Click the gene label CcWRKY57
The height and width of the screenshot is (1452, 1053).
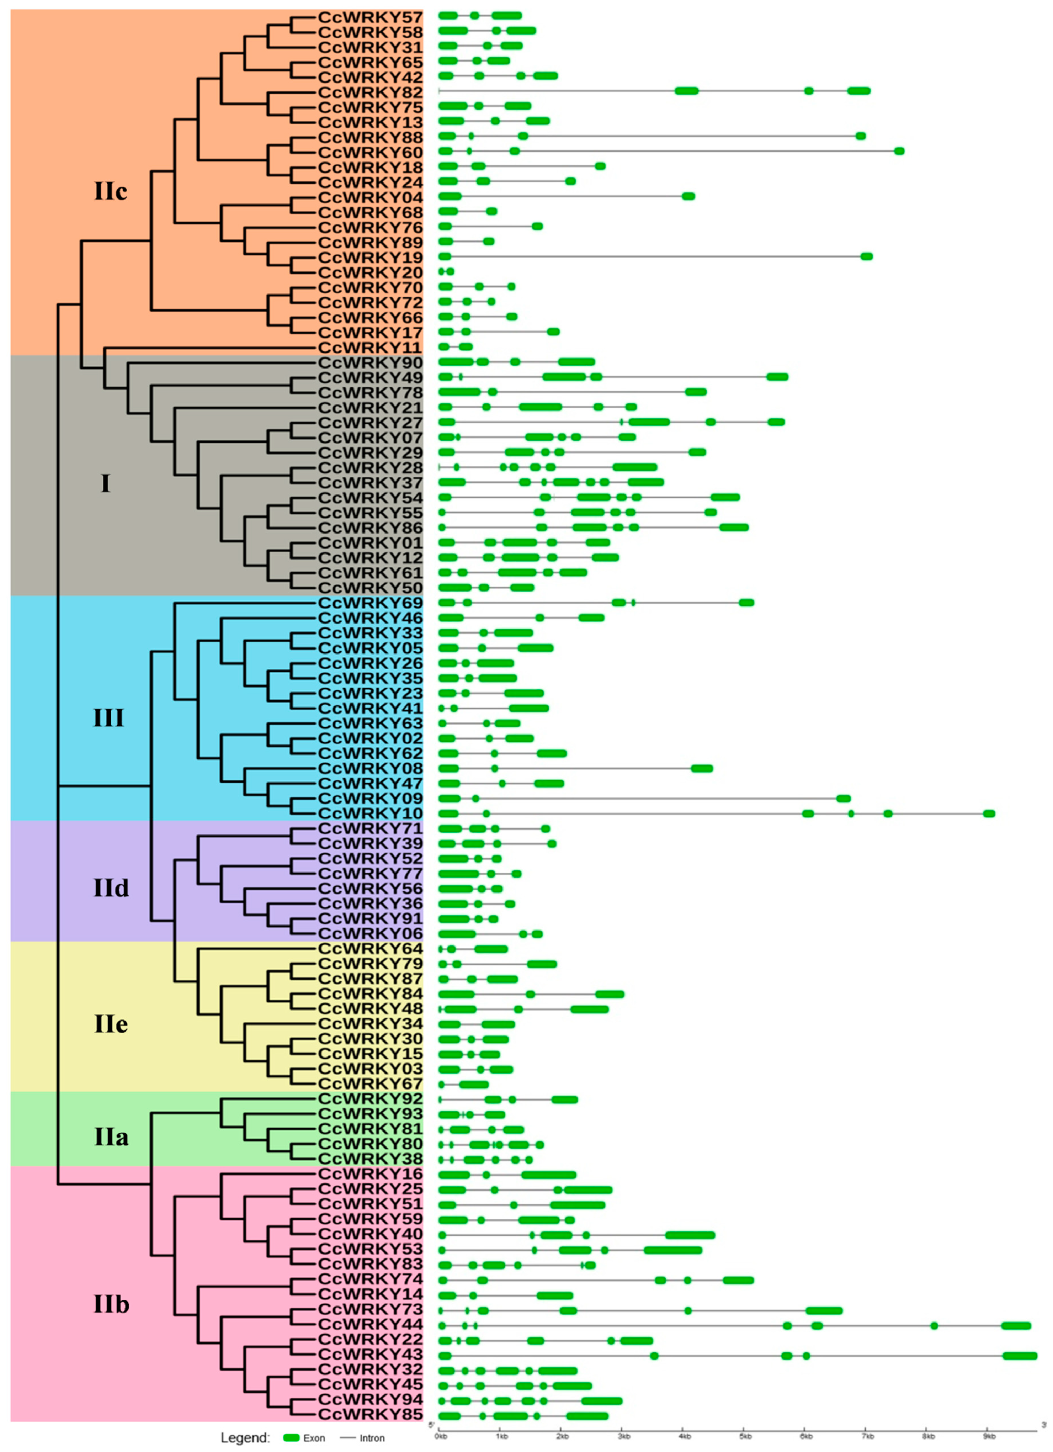coord(370,17)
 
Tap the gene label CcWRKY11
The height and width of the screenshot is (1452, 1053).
coord(370,348)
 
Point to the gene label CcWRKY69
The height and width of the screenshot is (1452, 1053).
coord(370,603)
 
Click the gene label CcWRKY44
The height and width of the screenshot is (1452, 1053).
coord(370,1323)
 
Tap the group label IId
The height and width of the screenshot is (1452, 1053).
coord(111,888)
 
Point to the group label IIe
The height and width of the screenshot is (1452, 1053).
coord(111,1024)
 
